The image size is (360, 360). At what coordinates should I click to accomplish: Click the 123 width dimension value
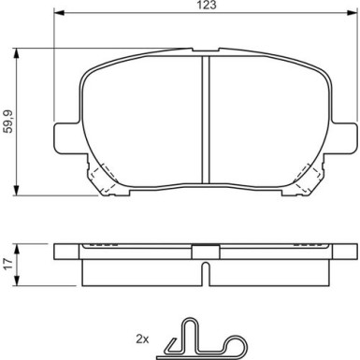207,5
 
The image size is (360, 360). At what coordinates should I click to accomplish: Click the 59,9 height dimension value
7,122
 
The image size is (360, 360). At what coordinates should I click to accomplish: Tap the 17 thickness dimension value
8,265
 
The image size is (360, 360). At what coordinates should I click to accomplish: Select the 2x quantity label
142,338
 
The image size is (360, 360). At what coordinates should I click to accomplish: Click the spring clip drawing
202,339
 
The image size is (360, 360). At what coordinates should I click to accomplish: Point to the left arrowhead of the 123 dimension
59,13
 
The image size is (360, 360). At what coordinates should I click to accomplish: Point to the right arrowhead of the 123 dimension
352,13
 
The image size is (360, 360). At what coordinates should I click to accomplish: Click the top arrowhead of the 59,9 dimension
16,53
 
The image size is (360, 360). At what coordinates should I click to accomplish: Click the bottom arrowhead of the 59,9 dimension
16,191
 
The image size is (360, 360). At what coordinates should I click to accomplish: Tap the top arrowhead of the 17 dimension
17,249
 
